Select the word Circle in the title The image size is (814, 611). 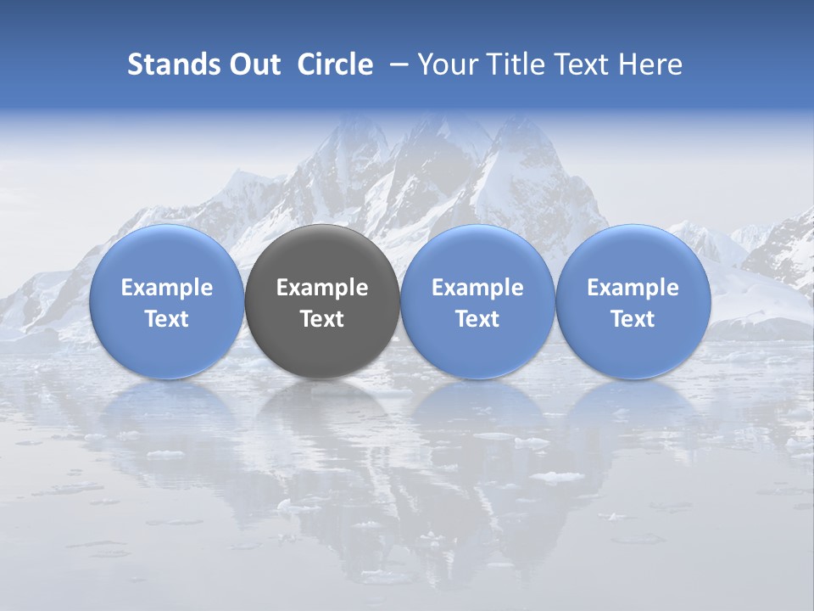(335, 64)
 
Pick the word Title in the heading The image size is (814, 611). (516, 64)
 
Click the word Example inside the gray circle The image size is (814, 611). (322, 288)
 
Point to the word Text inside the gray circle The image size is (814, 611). (322, 319)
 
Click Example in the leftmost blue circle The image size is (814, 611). (166, 288)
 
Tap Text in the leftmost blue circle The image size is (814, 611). (166, 319)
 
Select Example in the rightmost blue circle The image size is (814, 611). (633, 288)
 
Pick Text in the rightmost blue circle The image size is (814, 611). (633, 319)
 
